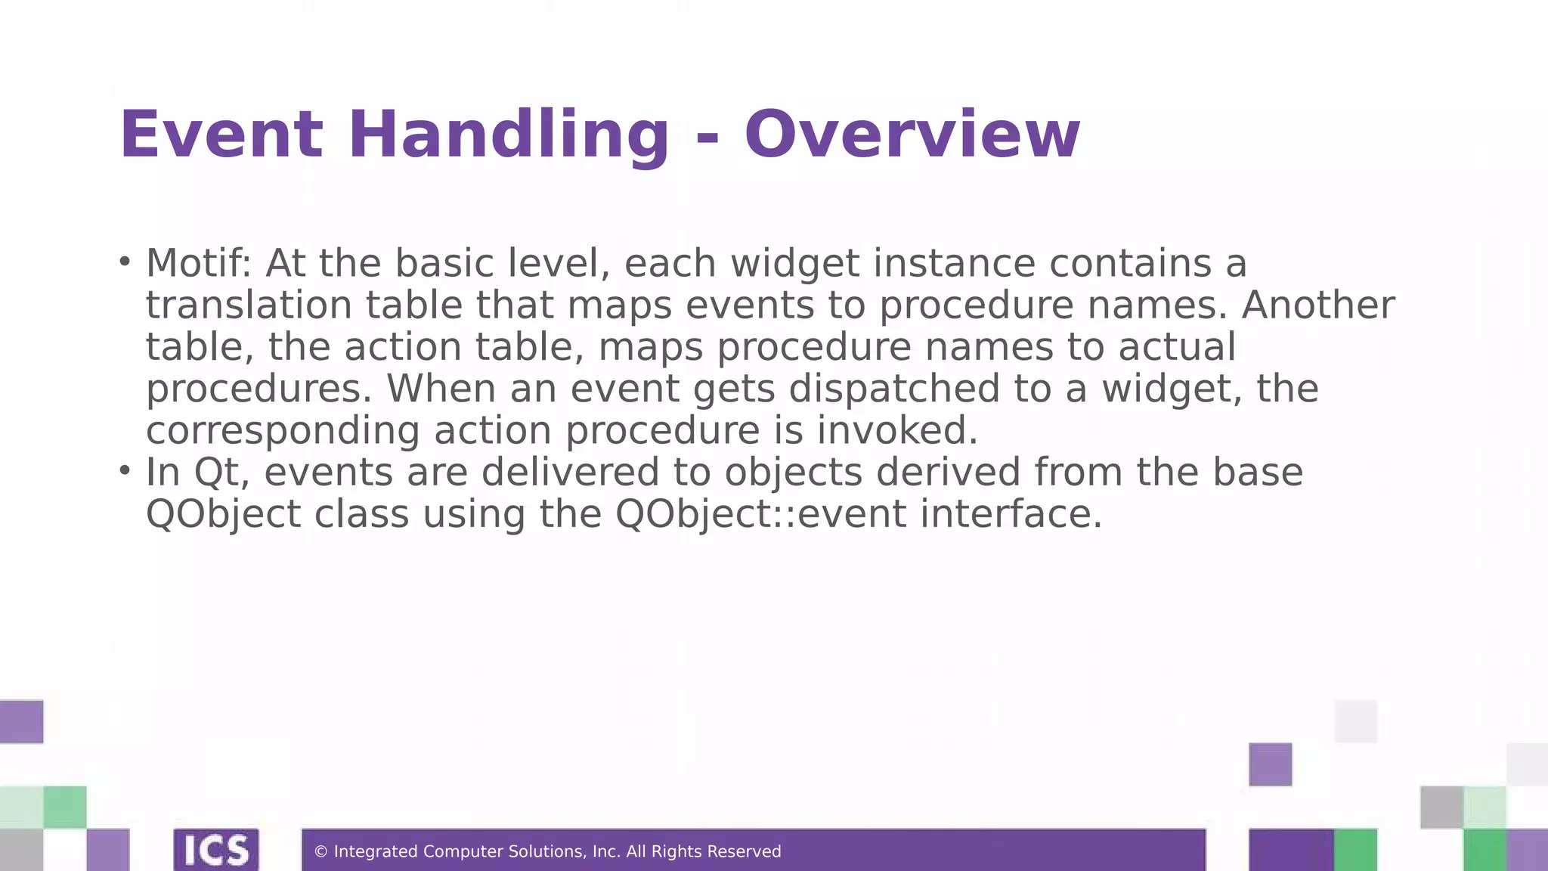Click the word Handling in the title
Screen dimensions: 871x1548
[508, 136]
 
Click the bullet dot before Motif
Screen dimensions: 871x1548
[125, 262]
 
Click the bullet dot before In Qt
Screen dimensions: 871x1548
[125, 471]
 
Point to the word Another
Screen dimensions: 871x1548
[1317, 305]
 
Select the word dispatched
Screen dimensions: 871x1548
[894, 389]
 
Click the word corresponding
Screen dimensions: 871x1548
[283, 432]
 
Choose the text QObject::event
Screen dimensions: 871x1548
[760, 514]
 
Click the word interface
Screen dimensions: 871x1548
[1011, 514]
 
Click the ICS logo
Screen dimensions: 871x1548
[216, 850]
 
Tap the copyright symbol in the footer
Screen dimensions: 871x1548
[320, 852]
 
